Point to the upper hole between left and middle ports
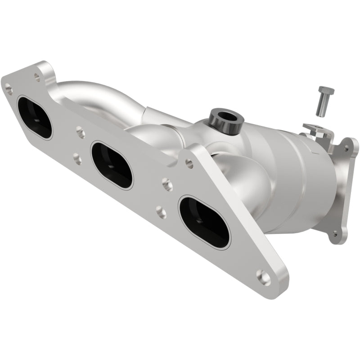point(80,132)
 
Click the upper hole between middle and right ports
point(167,184)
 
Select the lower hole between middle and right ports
point(161,211)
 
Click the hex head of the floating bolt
point(326,90)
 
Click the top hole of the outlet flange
point(346,146)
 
